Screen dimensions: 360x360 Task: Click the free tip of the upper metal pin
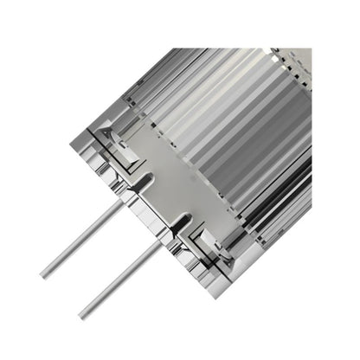pos(44,274)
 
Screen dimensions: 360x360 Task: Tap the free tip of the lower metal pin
pos(83,314)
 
